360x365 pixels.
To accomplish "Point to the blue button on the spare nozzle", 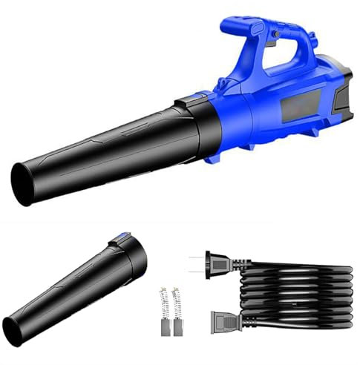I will point(117,238).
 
